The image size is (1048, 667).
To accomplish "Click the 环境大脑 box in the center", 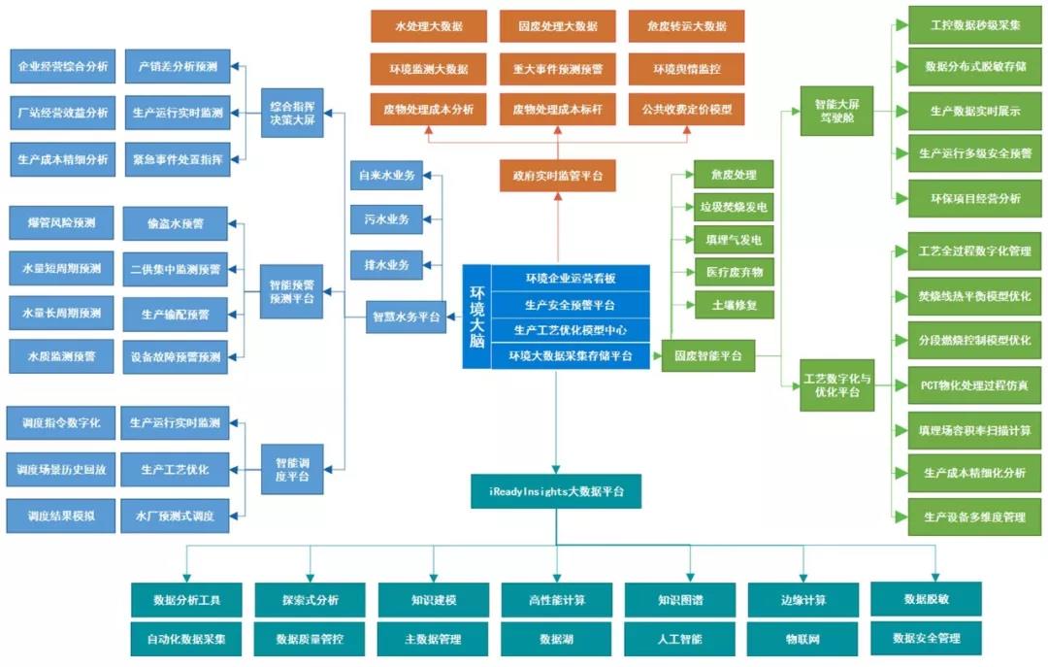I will point(476,316).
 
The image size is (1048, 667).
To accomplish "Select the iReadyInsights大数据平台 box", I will point(556,491).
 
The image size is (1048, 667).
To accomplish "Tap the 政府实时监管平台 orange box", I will point(557,176).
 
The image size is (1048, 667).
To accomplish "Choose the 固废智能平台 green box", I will point(707,356).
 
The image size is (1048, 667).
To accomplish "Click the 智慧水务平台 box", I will point(406,317).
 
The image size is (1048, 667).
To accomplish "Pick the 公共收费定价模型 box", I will point(686,110).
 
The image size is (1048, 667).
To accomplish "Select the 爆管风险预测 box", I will point(60,222).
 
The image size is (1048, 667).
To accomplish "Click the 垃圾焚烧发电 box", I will point(734,207).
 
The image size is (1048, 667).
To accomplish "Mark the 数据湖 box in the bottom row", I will point(556,640).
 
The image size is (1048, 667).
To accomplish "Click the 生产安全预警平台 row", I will point(570,305).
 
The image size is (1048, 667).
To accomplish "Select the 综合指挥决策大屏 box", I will point(292,112).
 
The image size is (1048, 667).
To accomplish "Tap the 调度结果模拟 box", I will point(60,516).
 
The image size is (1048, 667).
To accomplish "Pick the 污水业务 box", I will point(386,219).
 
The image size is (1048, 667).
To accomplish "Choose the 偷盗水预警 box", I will point(176,223).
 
